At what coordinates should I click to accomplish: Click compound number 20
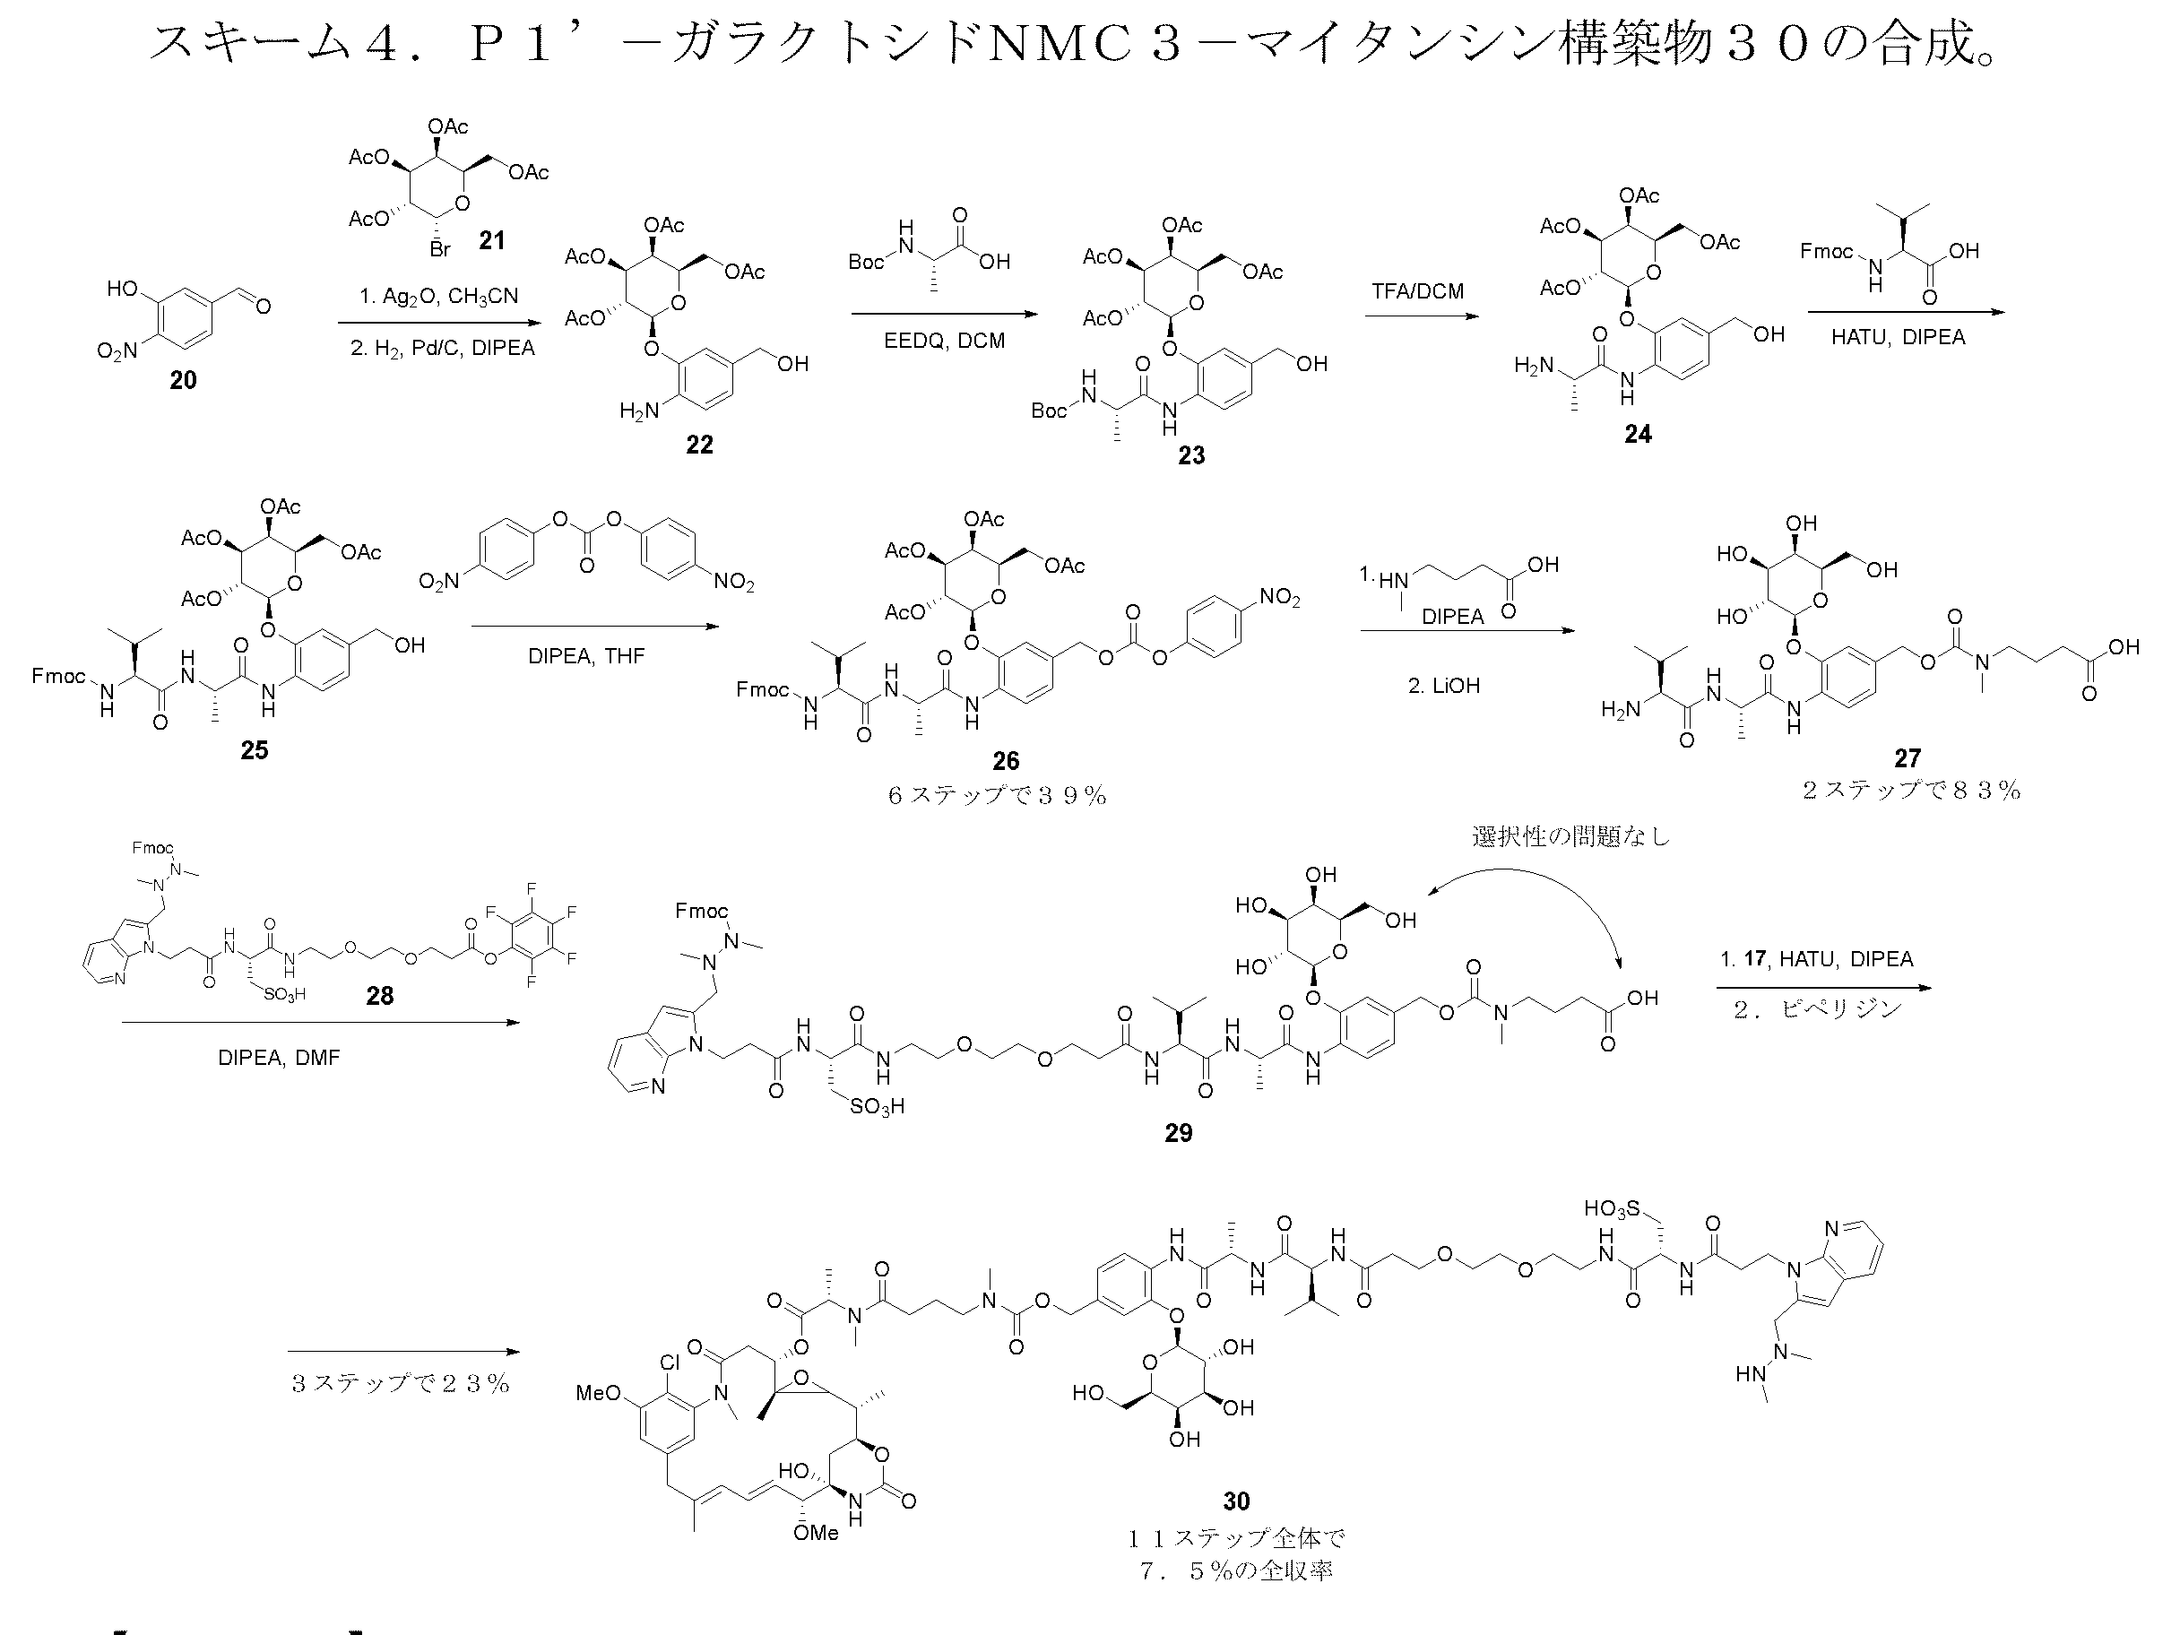coord(183,380)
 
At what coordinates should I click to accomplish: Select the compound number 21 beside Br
coord(492,240)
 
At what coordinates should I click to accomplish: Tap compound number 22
coord(700,445)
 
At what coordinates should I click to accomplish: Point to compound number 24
coord(1638,434)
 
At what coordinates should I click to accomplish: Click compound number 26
coord(1005,760)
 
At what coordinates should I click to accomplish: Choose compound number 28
coord(379,995)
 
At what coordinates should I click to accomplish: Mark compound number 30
coord(1236,1501)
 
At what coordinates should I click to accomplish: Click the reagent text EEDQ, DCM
coord(944,341)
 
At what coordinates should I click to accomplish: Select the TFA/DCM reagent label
coord(1417,291)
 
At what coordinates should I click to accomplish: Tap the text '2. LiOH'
coord(1444,686)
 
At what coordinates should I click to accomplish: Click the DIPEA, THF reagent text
coord(586,656)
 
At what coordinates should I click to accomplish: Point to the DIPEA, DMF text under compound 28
coord(279,1058)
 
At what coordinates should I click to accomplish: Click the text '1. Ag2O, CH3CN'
coord(438,297)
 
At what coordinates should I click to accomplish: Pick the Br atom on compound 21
coord(439,249)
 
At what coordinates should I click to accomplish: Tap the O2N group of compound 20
coord(117,350)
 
